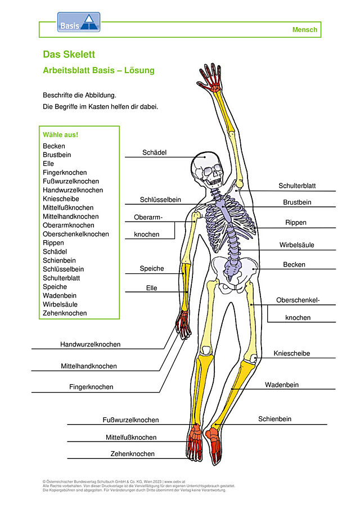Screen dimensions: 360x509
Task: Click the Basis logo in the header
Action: (79, 22)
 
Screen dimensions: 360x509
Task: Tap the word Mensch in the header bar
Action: (304, 30)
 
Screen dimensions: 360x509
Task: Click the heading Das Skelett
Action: (69, 54)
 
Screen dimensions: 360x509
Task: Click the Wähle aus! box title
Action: (60, 135)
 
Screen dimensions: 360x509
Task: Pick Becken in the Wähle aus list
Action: (54, 146)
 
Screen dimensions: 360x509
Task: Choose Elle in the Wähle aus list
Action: (48, 164)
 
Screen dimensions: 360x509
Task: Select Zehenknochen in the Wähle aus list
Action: (65, 313)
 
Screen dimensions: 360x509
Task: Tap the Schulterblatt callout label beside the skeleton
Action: (297, 186)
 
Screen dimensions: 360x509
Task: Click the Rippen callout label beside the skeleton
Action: (296, 222)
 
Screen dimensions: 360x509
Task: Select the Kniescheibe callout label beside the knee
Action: (291, 353)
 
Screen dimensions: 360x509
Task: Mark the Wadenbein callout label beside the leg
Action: (282, 385)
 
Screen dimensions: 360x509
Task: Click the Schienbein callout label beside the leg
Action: (274, 419)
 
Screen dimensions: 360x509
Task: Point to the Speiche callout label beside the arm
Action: (152, 268)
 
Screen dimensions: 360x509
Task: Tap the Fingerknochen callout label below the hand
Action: (91, 387)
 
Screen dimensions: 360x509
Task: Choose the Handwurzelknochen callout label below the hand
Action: (90, 344)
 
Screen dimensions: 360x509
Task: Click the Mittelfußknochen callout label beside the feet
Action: (131, 437)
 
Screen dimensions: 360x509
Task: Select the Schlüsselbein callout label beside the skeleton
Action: (160, 200)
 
